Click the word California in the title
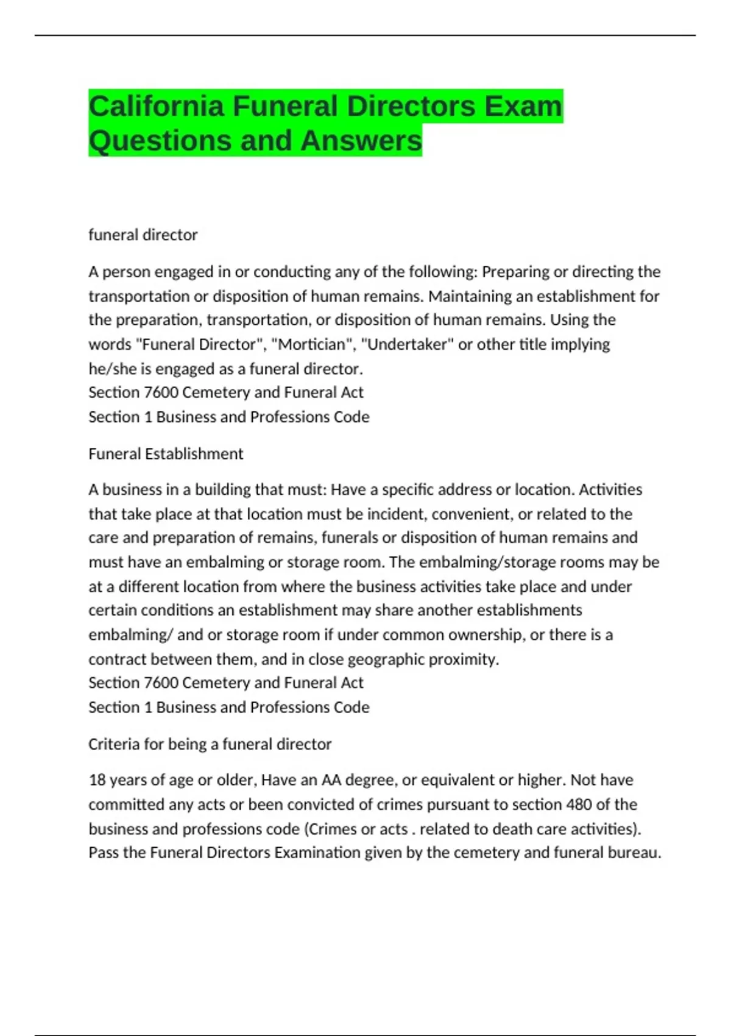point(156,107)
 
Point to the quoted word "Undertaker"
point(408,344)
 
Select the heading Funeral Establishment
point(166,453)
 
